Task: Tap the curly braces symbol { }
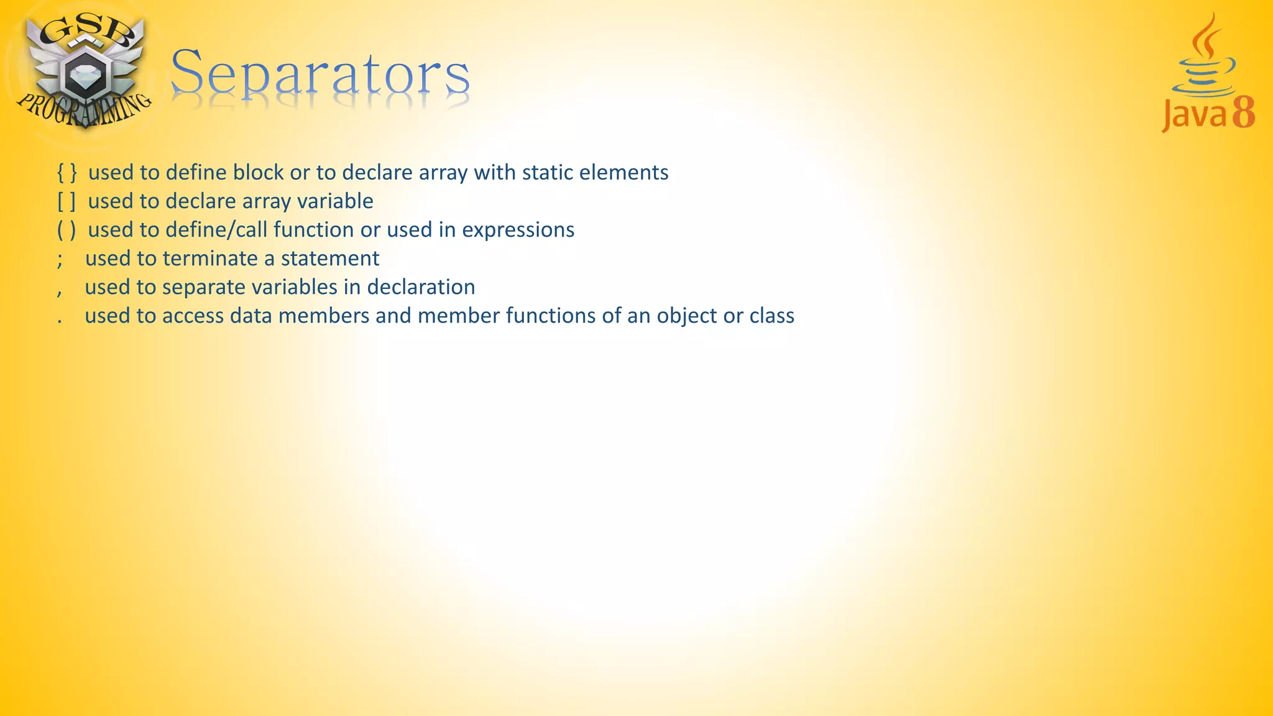click(67, 173)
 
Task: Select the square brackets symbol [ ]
click(67, 201)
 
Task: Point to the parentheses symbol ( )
click(67, 230)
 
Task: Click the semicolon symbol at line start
click(60, 259)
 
